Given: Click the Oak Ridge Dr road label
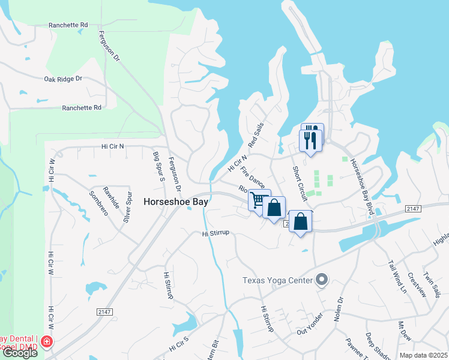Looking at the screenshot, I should pos(62,79).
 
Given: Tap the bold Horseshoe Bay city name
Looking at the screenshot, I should pos(176,202).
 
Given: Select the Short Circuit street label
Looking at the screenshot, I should pos(299,182).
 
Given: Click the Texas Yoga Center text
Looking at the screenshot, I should pos(278,280).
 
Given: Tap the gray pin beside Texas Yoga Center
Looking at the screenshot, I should pos(322,280).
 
